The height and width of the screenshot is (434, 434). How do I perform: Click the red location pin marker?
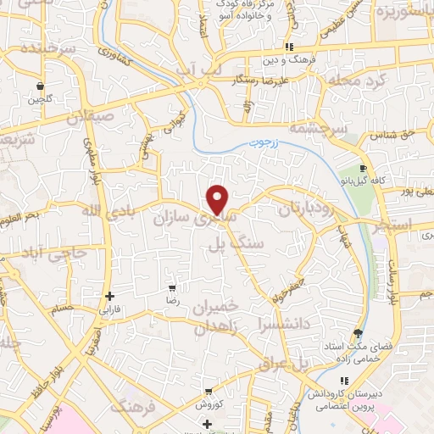coord(218,199)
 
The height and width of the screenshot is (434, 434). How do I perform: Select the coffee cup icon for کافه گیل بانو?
coord(364,168)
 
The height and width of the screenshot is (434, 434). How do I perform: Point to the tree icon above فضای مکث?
coord(357,333)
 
